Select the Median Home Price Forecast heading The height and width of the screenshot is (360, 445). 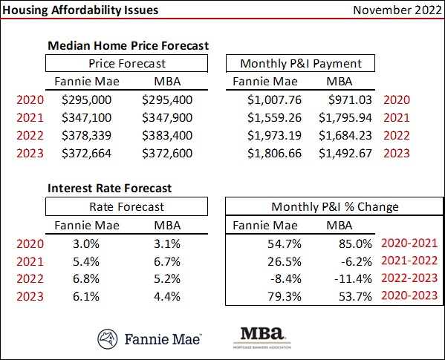[x=128, y=45]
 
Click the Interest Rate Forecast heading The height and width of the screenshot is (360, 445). [x=109, y=188]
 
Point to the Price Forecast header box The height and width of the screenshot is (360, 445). [x=127, y=63]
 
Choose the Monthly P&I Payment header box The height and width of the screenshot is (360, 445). [x=299, y=63]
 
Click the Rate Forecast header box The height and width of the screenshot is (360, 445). [x=127, y=206]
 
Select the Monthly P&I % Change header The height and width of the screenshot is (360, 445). [x=334, y=206]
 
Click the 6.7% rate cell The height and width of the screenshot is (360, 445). [x=166, y=261]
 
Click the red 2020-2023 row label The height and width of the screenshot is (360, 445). [x=408, y=296]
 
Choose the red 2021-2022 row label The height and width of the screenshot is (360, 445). [x=408, y=261]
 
